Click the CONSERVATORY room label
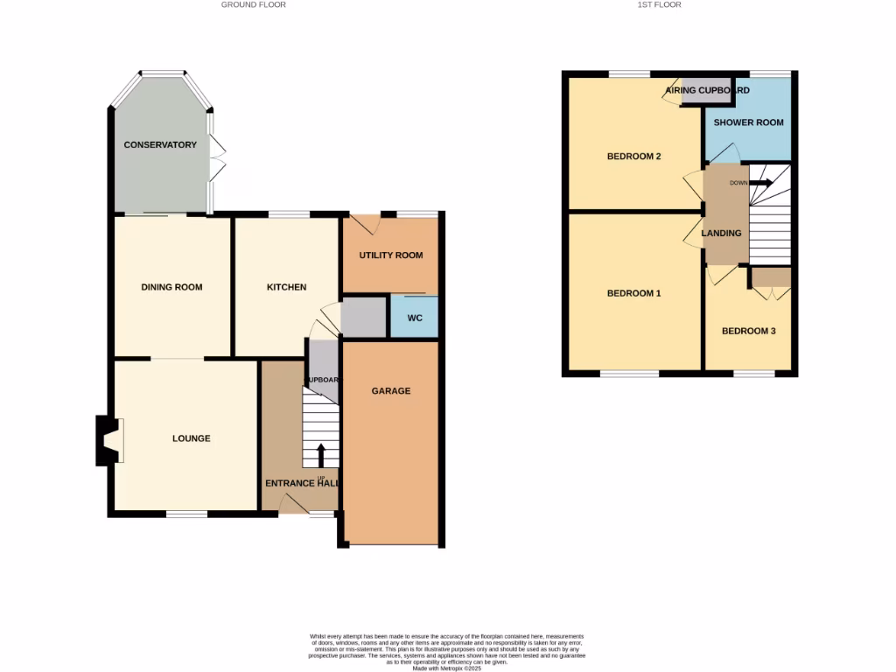[160, 144]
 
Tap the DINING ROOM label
[172, 287]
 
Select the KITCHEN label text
[287, 287]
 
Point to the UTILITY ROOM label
[391, 255]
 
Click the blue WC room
[415, 318]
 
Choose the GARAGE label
[391, 391]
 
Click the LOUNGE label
[191, 438]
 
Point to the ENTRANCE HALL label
[302, 483]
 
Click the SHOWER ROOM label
[748, 122]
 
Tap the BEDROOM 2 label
[633, 157]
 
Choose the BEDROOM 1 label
[633, 293]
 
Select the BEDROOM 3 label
[748, 332]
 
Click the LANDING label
[721, 233]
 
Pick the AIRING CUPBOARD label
[708, 90]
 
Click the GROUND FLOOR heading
[253, 5]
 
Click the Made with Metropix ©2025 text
[447, 668]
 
